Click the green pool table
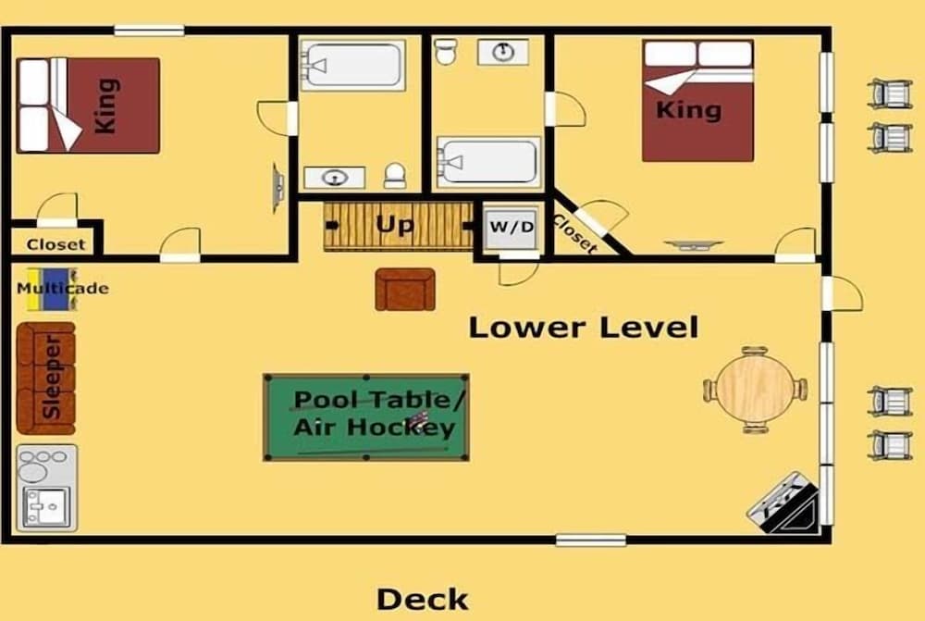point(366,416)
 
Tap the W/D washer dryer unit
point(511,227)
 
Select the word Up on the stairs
point(395,225)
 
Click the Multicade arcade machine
point(53,290)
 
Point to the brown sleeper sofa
point(46,378)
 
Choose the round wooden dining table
point(755,391)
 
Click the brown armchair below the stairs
point(405,290)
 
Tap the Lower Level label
point(584,328)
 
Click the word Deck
point(423,600)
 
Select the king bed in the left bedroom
point(89,106)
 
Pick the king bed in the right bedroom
point(697,100)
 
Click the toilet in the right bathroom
point(446,51)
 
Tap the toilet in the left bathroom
point(395,176)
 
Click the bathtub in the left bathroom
point(352,65)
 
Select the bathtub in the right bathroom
point(488,162)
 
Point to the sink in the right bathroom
point(502,52)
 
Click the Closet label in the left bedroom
point(56,244)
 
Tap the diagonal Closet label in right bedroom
point(574,234)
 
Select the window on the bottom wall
point(590,540)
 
